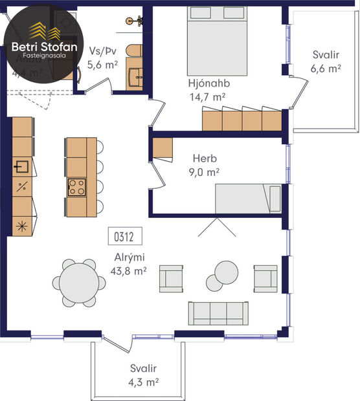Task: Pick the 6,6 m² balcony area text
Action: click(x=326, y=67)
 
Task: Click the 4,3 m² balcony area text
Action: click(x=143, y=382)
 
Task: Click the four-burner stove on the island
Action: click(x=77, y=188)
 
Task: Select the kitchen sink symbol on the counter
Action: click(x=21, y=167)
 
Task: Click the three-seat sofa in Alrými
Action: click(x=218, y=313)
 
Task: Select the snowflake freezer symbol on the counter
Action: click(x=21, y=226)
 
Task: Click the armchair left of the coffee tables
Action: click(x=172, y=278)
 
